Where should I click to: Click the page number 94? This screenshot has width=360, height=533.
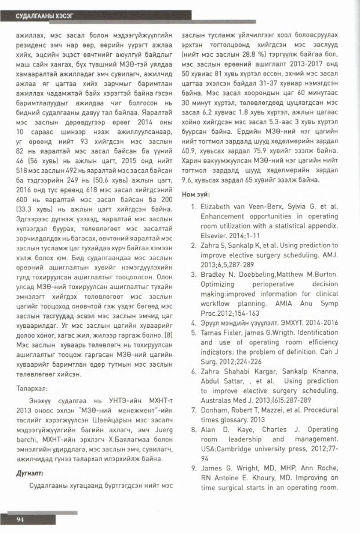[x=20, y=519]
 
